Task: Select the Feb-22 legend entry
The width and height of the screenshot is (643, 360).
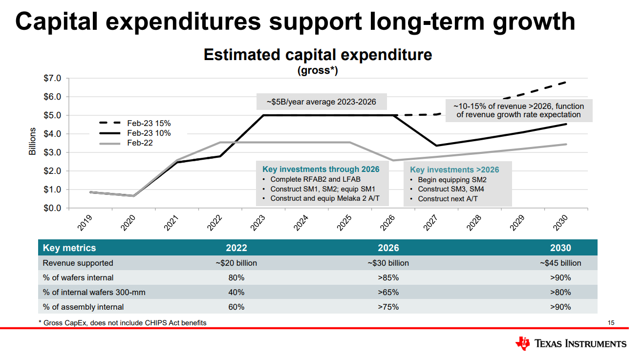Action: pyautogui.click(x=140, y=143)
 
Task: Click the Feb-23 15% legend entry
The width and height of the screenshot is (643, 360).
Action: pyautogui.click(x=149, y=124)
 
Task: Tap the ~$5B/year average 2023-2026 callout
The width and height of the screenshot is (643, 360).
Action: pyautogui.click(x=321, y=102)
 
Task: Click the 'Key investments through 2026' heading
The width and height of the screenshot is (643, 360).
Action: pyautogui.click(x=321, y=169)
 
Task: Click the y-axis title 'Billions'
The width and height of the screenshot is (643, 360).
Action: pyautogui.click(x=32, y=142)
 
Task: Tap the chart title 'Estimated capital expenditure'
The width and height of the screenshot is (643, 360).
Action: pyautogui.click(x=318, y=55)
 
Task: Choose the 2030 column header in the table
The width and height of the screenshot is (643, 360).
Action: pyautogui.click(x=560, y=248)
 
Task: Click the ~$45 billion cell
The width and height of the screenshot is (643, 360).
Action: pyautogui.click(x=560, y=263)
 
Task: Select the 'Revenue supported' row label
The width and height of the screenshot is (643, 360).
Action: pyautogui.click(x=78, y=263)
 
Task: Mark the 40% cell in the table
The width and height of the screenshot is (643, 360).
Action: pyautogui.click(x=236, y=293)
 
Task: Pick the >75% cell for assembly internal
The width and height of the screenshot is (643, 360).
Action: pyautogui.click(x=388, y=307)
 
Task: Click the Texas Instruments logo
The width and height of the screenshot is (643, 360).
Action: pyautogui.click(x=571, y=344)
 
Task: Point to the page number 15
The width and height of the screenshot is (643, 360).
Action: pyautogui.click(x=611, y=323)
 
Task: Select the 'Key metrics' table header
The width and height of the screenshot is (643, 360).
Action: pyautogui.click(x=69, y=248)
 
